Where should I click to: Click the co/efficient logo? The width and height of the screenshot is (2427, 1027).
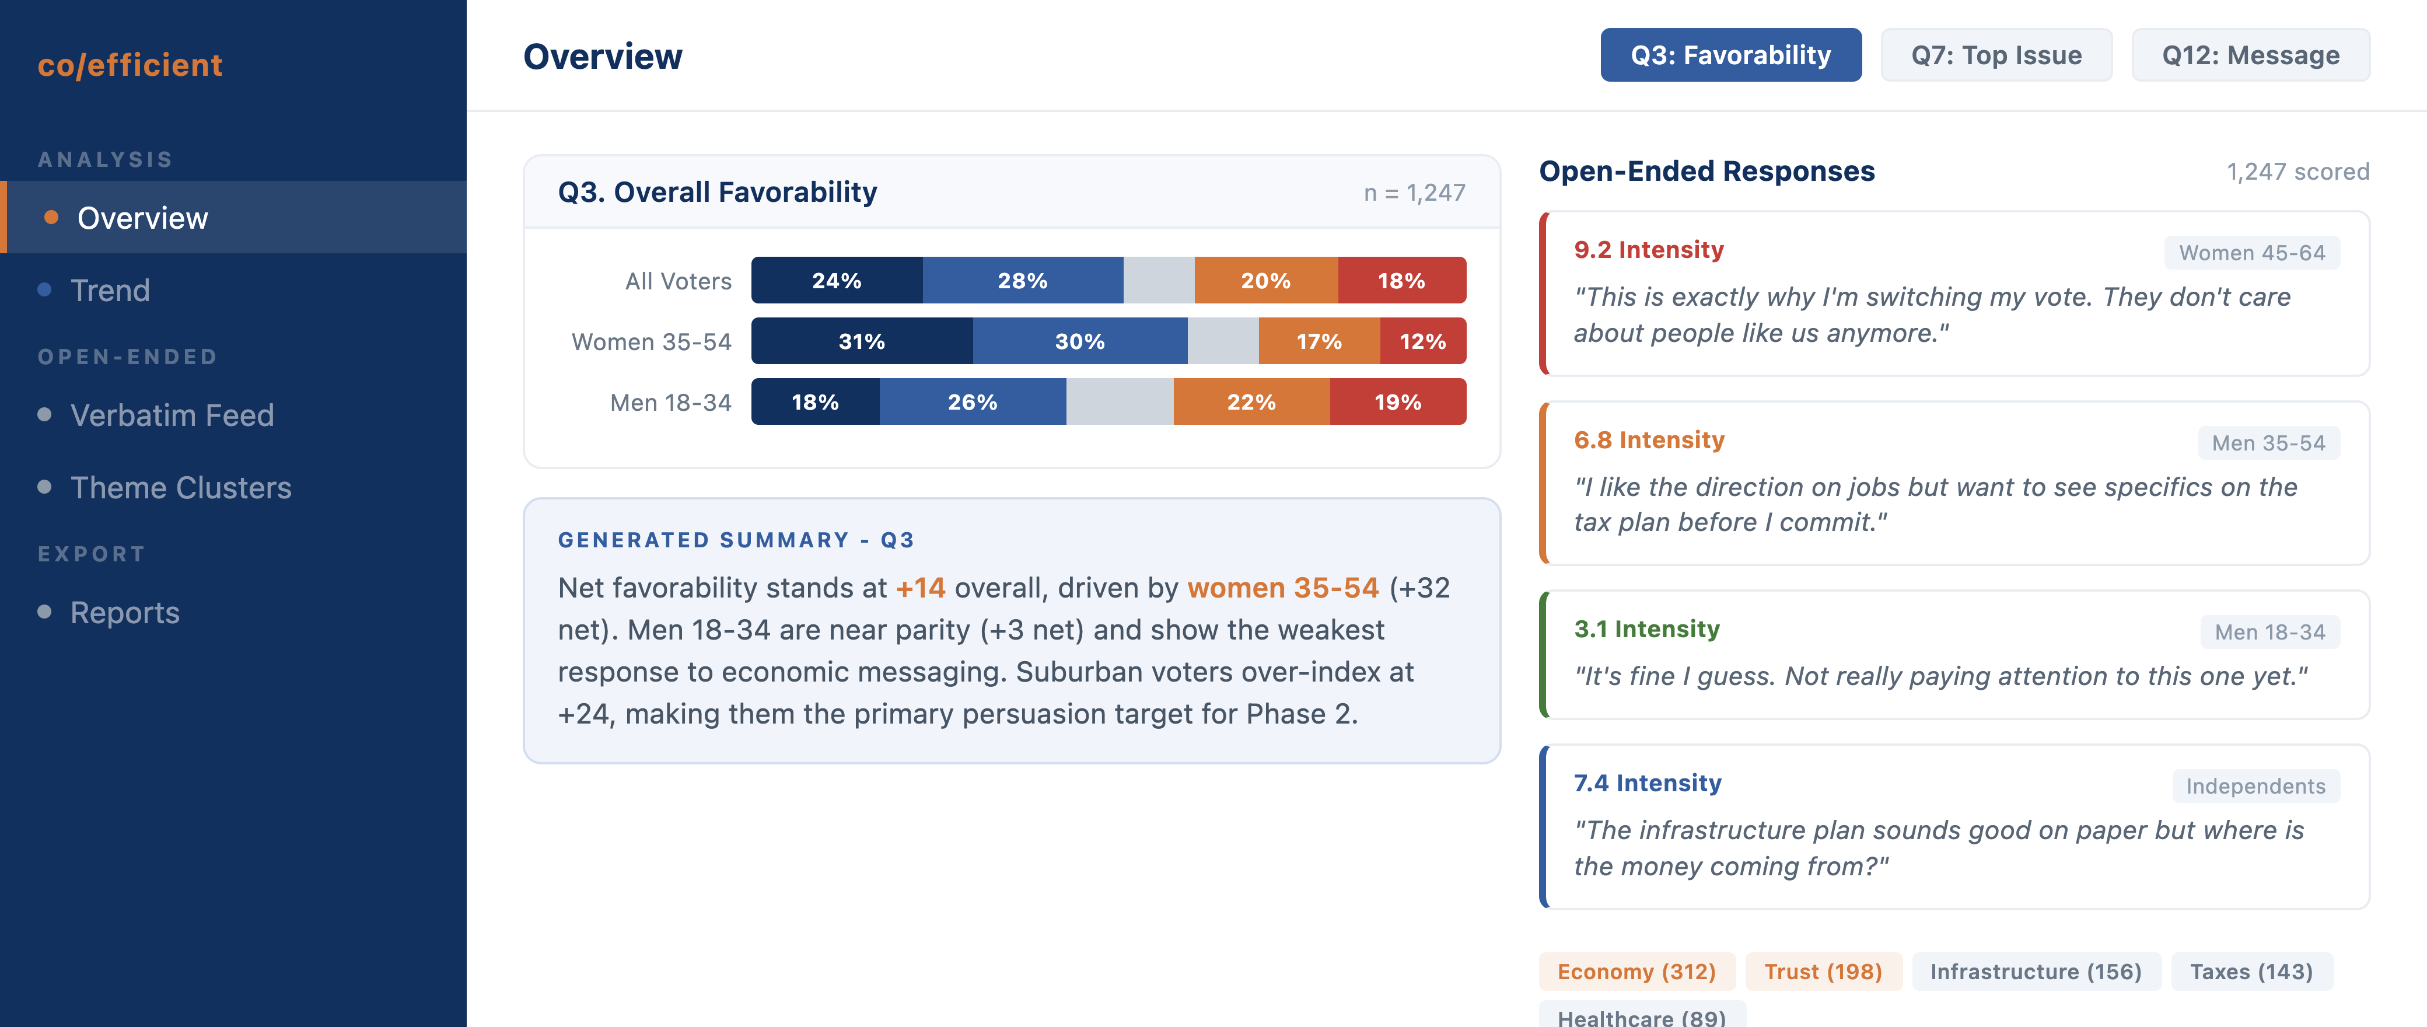130,65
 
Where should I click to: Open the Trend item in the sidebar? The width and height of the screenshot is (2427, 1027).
110,290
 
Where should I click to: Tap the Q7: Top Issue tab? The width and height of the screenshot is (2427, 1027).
1995,55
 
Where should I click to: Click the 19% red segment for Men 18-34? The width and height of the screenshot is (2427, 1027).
1397,402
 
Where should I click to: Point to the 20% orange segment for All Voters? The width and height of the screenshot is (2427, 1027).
1265,281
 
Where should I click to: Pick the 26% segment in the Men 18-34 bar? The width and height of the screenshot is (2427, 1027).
973,402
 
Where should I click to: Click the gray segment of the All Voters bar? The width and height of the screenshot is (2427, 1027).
1158,281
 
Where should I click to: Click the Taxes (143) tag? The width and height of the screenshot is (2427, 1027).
2251,972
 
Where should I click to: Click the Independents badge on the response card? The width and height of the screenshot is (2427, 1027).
2254,787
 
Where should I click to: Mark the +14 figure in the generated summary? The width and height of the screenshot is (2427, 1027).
919,588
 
